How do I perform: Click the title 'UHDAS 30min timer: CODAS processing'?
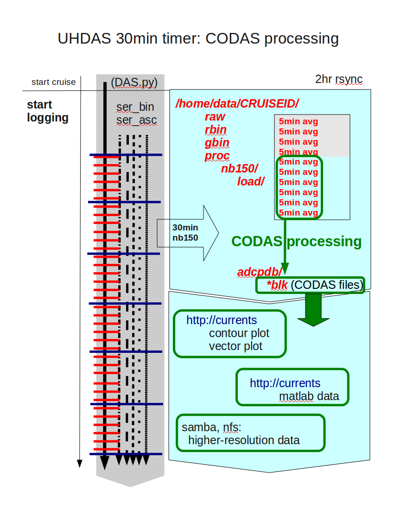[198, 38]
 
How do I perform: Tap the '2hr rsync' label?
[339, 79]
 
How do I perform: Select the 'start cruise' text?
[54, 82]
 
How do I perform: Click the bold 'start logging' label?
[48, 111]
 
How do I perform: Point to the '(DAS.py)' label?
[134, 82]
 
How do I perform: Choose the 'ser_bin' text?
[135, 107]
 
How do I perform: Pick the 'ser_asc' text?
[137, 120]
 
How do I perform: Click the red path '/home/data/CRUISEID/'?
[237, 103]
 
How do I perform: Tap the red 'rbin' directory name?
[216, 129]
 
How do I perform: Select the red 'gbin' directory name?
[217, 143]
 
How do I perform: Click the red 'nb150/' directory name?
[239, 168]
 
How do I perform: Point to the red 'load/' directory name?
[251, 181]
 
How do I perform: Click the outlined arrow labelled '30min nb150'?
[188, 233]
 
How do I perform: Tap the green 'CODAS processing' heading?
[297, 242]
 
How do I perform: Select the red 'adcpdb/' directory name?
[260, 272]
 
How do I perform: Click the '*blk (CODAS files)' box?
[310, 285]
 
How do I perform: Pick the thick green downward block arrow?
[313, 310]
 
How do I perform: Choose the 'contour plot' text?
[239, 333]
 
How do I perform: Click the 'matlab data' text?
[309, 396]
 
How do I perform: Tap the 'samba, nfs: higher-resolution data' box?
[251, 433]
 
